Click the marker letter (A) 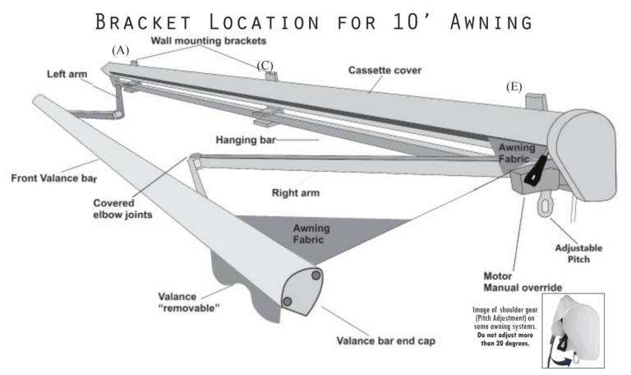point(121,51)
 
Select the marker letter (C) point(265,65)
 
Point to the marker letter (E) point(516,87)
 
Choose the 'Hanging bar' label point(244,141)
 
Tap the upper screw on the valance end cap point(316,277)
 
